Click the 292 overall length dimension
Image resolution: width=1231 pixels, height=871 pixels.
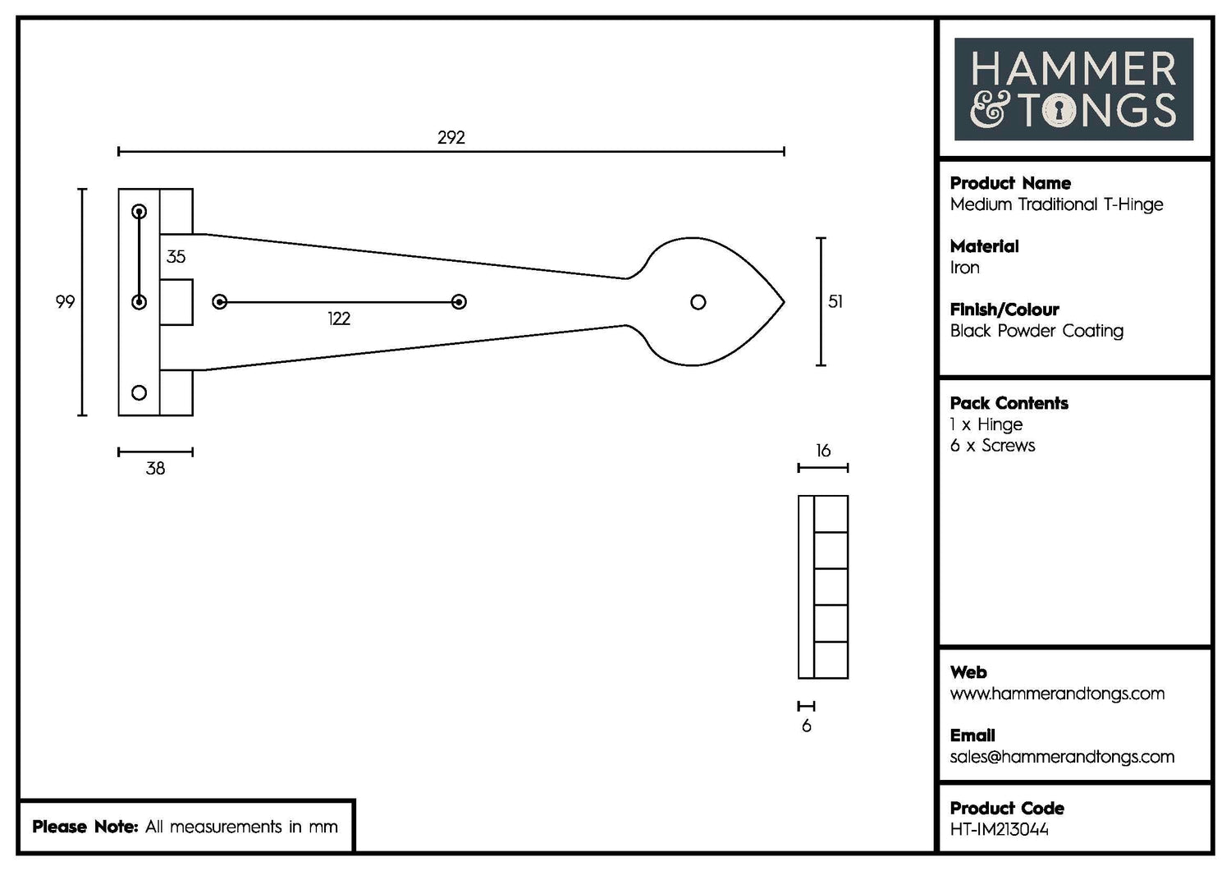tap(451, 137)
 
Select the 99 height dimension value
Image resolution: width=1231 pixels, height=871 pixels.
tap(65, 301)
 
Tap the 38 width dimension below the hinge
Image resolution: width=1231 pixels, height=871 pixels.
tap(155, 468)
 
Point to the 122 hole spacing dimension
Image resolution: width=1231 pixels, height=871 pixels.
tap(338, 319)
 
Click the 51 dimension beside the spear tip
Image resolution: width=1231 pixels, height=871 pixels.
tap(835, 301)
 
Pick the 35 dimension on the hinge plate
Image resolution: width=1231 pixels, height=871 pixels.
tap(176, 257)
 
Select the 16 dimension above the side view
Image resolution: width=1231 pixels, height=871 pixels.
tap(822, 451)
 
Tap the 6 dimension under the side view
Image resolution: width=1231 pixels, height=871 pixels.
tap(806, 726)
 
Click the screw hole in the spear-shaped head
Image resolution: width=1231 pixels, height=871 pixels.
tap(698, 302)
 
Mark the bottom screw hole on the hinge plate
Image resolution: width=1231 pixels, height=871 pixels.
tap(139, 392)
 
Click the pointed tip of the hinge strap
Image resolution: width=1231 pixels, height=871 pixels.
tap(783, 302)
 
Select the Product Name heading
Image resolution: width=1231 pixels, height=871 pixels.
tap(1009, 183)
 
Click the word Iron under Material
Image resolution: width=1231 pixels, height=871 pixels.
tap(964, 268)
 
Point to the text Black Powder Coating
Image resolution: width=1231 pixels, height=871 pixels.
tap(1036, 331)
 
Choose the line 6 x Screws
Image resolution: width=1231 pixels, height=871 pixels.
tap(992, 446)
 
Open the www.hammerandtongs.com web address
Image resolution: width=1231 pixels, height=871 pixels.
tap(1056, 694)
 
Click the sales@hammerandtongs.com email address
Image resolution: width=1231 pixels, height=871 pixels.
tap(1061, 757)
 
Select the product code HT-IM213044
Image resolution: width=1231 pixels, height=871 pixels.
tap(999, 829)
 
